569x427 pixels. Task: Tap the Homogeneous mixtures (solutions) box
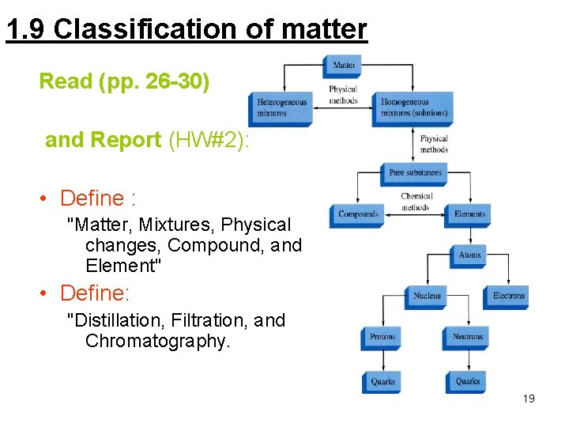click(414, 108)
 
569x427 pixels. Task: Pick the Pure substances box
click(415, 172)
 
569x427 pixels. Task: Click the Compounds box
click(357, 214)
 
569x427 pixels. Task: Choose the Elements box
click(469, 214)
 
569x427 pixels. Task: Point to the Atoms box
click(469, 255)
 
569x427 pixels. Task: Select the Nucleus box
click(427, 297)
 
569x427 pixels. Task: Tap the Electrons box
click(507, 297)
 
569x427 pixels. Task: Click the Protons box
click(382, 338)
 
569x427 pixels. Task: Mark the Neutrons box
click(467, 338)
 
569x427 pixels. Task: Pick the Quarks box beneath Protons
click(382, 381)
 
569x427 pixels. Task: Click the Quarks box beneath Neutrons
click(467, 381)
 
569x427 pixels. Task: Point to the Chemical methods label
click(416, 202)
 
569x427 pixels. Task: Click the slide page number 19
click(529, 399)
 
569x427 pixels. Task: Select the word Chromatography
click(157, 342)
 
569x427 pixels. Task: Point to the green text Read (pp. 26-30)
click(124, 81)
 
